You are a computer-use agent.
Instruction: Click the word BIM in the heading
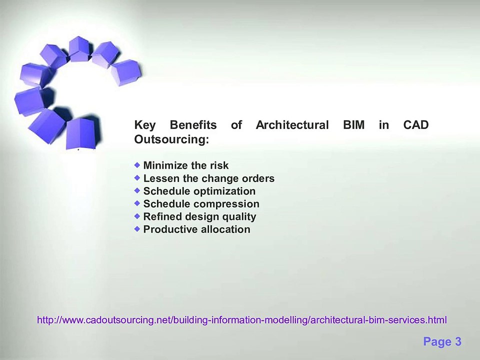353,125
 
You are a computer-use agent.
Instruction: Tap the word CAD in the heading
415,125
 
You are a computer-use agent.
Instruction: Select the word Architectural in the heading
292,125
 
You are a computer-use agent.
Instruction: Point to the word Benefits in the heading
193,125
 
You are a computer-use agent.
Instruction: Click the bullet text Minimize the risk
185,165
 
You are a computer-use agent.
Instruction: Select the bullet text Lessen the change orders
208,178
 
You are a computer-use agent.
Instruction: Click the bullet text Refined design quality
199,217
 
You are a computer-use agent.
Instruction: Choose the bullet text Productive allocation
196,229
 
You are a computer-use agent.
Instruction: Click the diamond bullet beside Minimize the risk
137,164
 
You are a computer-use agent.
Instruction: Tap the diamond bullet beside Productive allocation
137,228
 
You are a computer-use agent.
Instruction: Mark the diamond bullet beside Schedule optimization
137,190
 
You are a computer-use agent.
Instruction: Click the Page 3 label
442,342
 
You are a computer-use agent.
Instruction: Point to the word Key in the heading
145,125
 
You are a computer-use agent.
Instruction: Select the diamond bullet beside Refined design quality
137,216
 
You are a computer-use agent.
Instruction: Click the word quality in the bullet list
239,217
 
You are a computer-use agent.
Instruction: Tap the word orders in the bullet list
258,178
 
